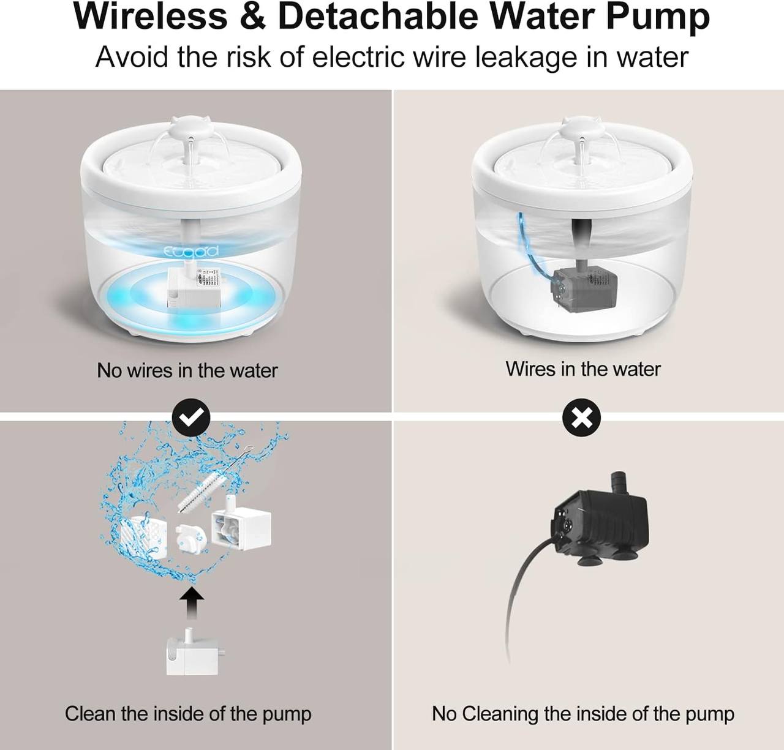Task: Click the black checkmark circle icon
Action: [x=191, y=418]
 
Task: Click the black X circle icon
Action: [x=581, y=418]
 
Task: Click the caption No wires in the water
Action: [x=187, y=370]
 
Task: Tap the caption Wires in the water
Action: [x=582, y=369]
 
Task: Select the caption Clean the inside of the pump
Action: [x=188, y=713]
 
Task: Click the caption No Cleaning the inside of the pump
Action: [x=582, y=713]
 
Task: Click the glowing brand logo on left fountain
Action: [x=190, y=251]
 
